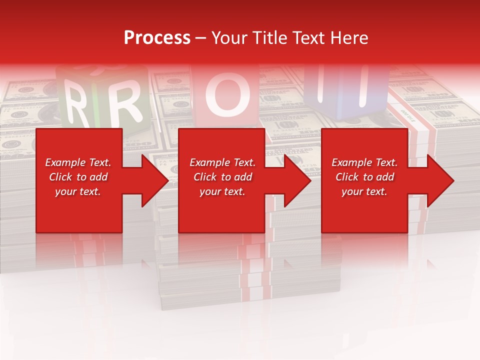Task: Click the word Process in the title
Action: point(157,38)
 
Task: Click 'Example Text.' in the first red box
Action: point(78,162)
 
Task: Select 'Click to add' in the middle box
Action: point(222,177)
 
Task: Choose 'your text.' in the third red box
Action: point(364,191)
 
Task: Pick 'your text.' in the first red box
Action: point(78,191)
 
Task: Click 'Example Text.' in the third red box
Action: point(364,162)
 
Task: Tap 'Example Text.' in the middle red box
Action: point(222,162)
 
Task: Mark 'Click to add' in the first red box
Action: point(78,177)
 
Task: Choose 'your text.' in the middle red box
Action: point(222,191)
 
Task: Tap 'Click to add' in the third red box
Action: point(364,177)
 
